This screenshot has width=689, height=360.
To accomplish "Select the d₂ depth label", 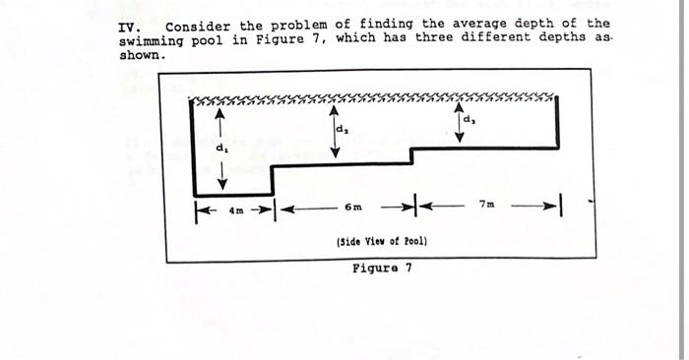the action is pyautogui.click(x=341, y=129).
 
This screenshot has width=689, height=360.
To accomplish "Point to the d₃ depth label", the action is pyautogui.click(x=469, y=121).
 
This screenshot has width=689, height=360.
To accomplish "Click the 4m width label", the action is pyautogui.click(x=234, y=209).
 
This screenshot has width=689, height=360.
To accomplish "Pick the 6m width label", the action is pyautogui.click(x=353, y=209).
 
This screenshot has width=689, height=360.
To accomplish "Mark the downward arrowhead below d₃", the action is pyautogui.click(x=460, y=138).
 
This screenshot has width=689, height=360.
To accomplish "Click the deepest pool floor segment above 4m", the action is pyautogui.click(x=232, y=195).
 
